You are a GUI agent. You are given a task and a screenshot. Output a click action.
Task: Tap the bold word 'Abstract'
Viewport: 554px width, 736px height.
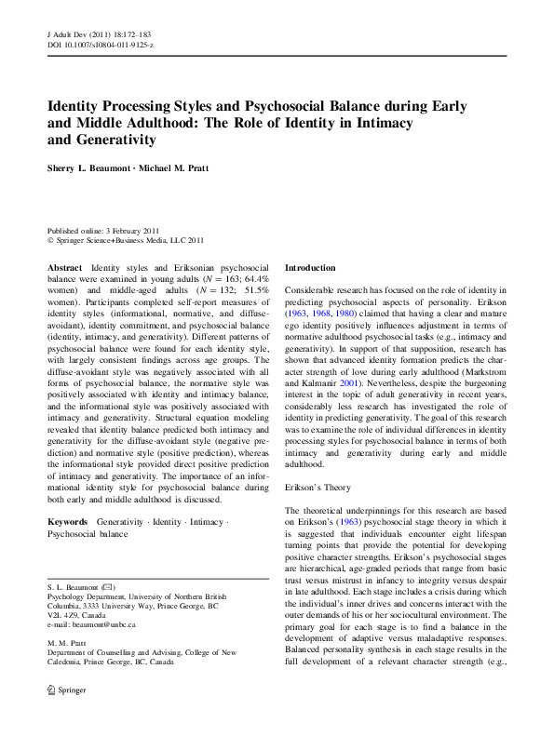tap(65, 267)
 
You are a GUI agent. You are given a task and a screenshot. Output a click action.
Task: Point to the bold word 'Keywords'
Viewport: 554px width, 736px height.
tap(69, 523)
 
